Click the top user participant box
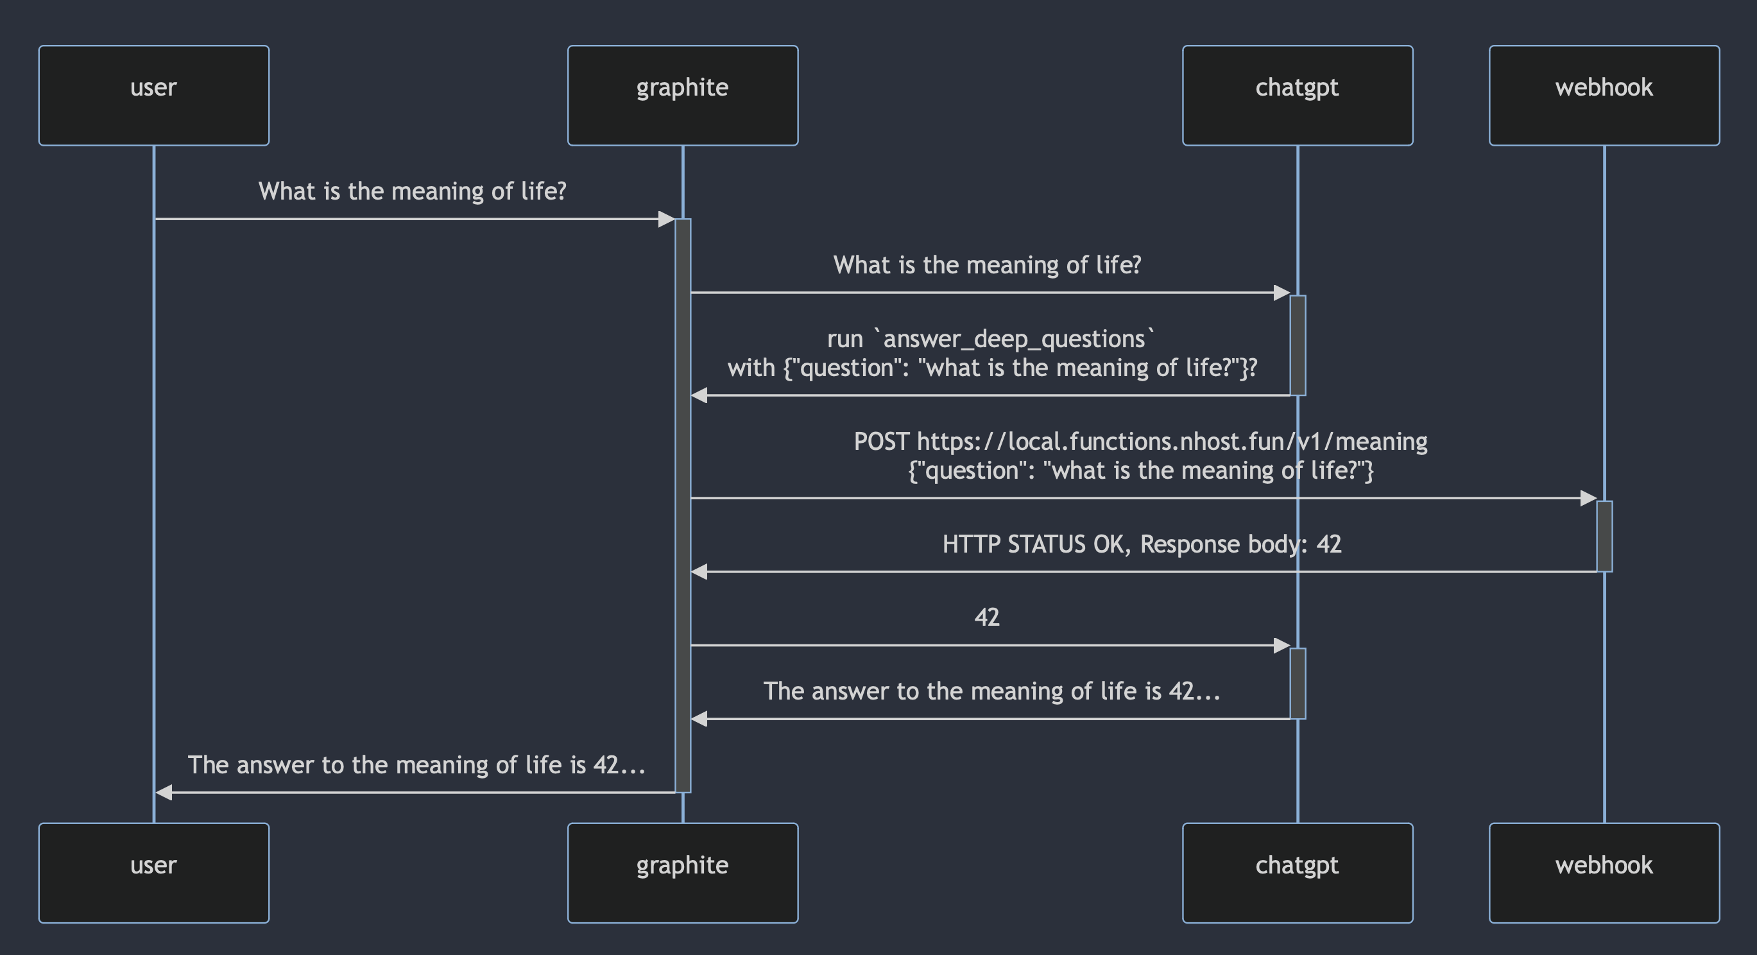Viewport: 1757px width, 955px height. coord(153,95)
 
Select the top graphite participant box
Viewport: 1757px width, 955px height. coord(682,95)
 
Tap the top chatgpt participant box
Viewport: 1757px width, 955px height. coord(1297,95)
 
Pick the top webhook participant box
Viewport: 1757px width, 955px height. coord(1604,95)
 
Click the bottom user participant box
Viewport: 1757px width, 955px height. coord(153,872)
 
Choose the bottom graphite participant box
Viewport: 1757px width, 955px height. coord(682,872)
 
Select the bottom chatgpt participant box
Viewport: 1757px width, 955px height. coord(1297,872)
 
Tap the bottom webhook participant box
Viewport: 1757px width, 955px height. coord(1604,872)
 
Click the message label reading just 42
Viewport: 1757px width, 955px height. coord(986,617)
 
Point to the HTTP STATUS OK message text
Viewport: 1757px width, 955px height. coord(1141,544)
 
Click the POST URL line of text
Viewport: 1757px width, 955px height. coord(1140,442)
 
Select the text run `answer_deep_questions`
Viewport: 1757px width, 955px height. coord(990,338)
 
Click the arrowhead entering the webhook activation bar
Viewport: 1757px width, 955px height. coord(1588,498)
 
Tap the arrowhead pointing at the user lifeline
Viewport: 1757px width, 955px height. coord(164,792)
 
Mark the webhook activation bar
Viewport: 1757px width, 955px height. coord(1604,536)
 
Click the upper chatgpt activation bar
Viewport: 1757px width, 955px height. coord(1298,345)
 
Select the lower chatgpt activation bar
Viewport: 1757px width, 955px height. coord(1298,683)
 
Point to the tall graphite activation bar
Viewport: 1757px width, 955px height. coord(683,505)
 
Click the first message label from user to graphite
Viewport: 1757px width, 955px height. coord(412,191)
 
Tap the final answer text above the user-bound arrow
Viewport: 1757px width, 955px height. coord(416,764)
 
